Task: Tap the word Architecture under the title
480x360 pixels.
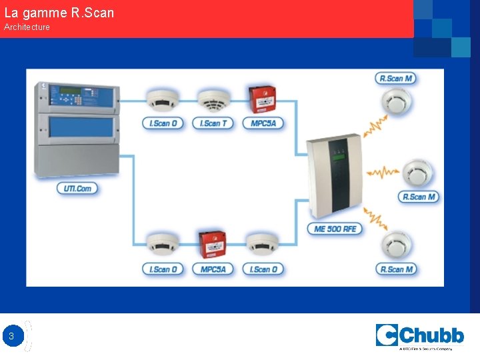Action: [27, 27]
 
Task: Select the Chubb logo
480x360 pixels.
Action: [419, 336]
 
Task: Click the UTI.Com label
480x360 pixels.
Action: [78, 189]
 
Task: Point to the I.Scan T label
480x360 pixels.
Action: [213, 123]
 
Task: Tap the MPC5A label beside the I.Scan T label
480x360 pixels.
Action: [263, 123]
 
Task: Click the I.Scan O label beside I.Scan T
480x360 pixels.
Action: [163, 123]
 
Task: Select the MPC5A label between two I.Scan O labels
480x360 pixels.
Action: [213, 269]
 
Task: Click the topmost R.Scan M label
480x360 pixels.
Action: [395, 78]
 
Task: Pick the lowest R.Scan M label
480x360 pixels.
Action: [396, 269]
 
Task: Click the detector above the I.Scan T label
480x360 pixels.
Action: [213, 100]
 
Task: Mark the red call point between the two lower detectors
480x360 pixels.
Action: [213, 245]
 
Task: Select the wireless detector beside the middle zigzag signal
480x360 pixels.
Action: [419, 173]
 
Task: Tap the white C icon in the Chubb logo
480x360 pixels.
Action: [387, 335]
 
